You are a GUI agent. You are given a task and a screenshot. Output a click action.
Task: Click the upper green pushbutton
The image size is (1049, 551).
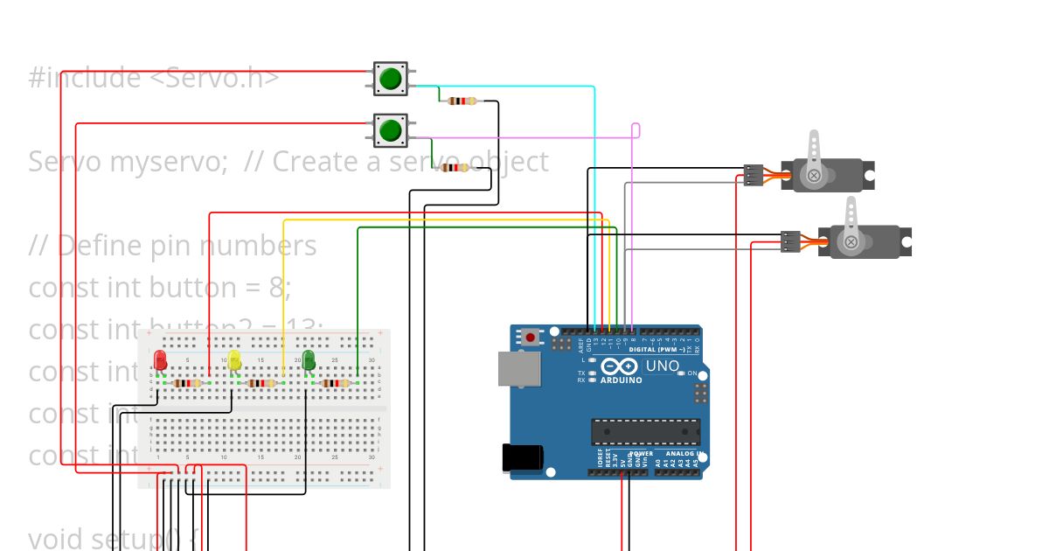pos(390,79)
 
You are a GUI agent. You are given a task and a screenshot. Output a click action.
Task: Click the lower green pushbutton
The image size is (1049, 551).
pos(390,131)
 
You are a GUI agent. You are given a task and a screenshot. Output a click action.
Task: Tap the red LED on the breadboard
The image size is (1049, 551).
pos(160,360)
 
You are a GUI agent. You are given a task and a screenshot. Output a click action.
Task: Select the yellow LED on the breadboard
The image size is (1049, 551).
pos(234,360)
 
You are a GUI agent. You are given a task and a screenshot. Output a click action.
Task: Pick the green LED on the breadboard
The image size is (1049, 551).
pos(309,360)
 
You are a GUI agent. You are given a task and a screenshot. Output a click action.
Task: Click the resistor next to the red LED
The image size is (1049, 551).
pos(188,383)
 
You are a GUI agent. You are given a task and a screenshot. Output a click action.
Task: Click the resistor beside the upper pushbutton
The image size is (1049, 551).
pos(462,101)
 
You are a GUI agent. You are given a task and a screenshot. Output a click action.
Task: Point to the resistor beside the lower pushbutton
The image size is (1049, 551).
pos(455,168)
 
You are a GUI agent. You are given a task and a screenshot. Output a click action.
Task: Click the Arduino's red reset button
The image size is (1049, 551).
pos(531,337)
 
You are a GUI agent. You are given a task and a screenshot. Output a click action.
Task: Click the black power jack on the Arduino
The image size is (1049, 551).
pos(523,458)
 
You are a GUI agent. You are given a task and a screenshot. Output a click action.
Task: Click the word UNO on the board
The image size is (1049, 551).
pos(663,366)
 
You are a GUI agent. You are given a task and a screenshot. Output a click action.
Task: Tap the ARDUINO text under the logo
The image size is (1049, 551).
pos(621,380)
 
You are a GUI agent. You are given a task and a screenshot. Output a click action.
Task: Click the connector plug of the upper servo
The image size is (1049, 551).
pos(754,175)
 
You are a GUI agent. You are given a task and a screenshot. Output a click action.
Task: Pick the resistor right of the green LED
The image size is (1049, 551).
pos(337,383)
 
